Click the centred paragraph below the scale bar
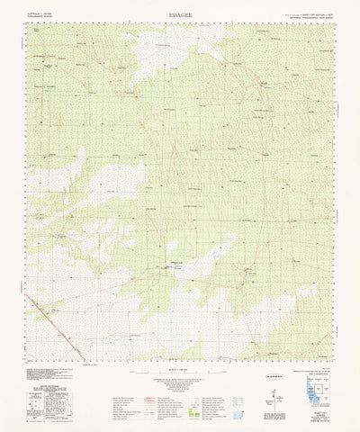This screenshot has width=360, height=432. [x=180, y=382]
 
